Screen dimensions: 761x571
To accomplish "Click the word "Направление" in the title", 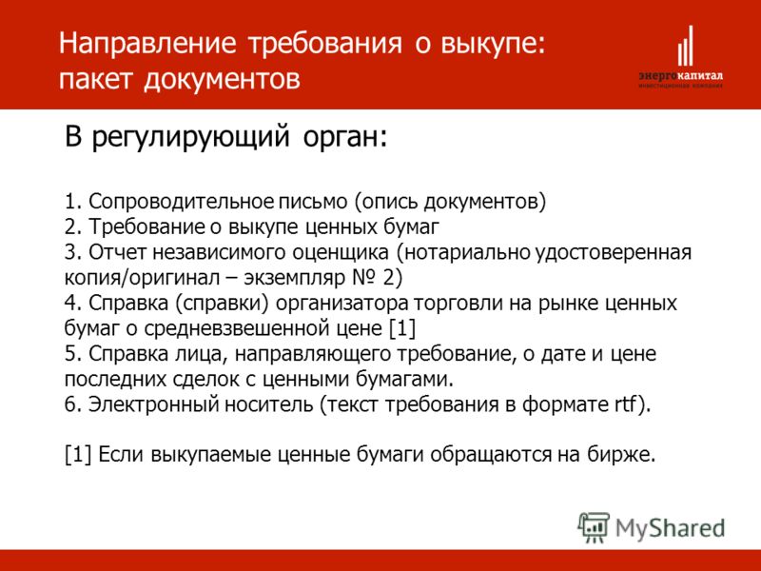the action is (147, 44).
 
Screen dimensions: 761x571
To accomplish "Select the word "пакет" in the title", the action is (95, 79).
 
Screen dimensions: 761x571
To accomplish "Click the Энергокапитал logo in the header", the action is (680, 57).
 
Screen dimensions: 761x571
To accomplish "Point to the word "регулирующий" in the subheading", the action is (191, 137).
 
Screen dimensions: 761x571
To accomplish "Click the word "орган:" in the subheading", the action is (345, 138).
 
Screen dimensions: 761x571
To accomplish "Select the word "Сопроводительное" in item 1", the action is (182, 202).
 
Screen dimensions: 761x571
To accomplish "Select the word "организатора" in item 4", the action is (342, 304).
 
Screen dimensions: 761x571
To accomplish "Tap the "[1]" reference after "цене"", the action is (402, 328).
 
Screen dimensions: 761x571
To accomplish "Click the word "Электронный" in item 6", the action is (152, 404).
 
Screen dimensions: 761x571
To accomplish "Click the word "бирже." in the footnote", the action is (622, 455).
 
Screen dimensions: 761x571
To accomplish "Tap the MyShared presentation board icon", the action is (594, 527).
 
